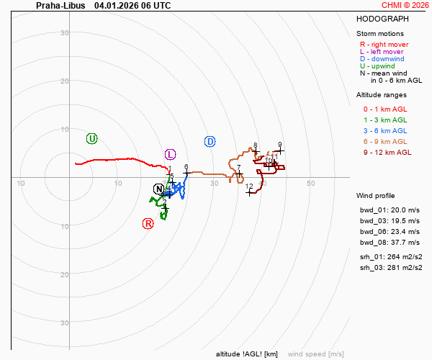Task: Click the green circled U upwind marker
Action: (91, 138)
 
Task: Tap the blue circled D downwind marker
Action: (210, 141)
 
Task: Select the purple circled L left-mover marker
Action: (171, 154)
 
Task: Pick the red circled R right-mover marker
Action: (148, 223)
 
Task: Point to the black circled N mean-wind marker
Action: (159, 189)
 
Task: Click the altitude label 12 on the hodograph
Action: (249, 187)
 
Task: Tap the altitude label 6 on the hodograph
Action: (186, 167)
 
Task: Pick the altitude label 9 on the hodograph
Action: (279, 145)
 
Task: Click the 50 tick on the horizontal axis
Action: (311, 184)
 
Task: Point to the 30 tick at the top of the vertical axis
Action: (64, 33)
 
